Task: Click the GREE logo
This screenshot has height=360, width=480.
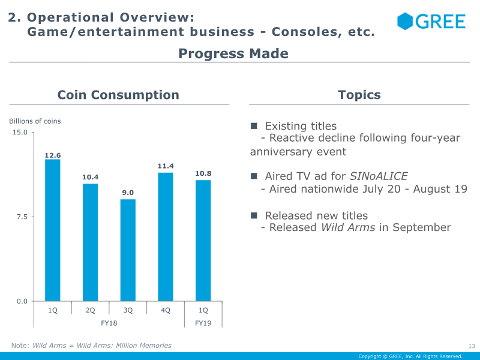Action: (x=431, y=22)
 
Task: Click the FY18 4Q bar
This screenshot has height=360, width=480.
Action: (x=166, y=236)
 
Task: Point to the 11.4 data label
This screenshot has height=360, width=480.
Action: (x=166, y=166)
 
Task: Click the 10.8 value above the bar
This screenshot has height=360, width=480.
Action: (x=203, y=173)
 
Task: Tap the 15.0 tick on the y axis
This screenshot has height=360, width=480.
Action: (x=20, y=132)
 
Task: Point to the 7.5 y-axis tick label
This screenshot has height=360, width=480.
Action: (x=23, y=217)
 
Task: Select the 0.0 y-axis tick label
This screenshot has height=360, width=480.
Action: (x=22, y=301)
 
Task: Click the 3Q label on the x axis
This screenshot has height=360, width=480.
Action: (x=128, y=310)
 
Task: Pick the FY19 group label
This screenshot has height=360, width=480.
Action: (x=203, y=323)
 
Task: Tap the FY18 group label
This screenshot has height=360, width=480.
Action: (x=109, y=323)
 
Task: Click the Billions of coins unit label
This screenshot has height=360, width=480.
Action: (x=35, y=121)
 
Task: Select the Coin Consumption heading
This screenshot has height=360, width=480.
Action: (x=118, y=95)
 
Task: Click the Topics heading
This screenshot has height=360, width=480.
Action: (x=359, y=95)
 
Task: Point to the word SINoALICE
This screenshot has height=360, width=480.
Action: (x=378, y=176)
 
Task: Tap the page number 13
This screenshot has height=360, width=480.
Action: (x=471, y=346)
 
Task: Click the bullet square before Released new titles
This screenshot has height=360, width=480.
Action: (x=254, y=215)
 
